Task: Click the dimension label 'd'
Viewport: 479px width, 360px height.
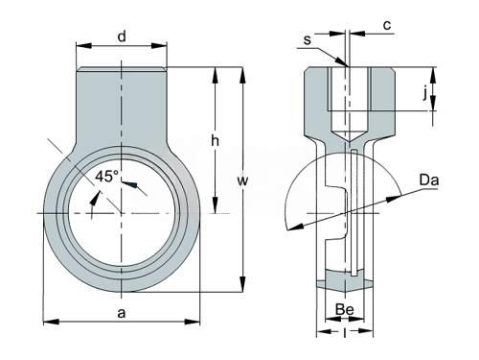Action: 122,36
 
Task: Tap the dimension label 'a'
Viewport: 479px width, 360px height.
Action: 121,313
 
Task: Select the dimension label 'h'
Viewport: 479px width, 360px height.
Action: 216,140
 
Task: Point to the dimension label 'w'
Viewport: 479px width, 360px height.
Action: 242,180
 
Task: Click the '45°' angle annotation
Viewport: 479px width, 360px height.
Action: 107,177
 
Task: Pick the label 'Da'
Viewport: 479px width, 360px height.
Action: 429,180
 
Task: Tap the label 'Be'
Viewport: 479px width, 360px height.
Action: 345,309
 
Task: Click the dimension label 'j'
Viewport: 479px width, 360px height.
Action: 424,93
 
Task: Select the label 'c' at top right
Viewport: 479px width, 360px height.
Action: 387,25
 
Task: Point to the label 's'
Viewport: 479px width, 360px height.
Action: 307,40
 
